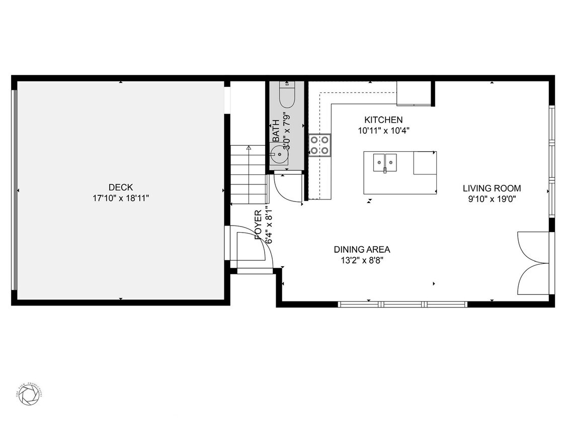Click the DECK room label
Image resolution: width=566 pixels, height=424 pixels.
pyautogui.click(x=121, y=187)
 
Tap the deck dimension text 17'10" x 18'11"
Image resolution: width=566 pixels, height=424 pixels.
pyautogui.click(x=121, y=198)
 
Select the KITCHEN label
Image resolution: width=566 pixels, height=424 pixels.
pyautogui.click(x=383, y=120)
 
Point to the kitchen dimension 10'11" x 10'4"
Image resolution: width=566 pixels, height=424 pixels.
pyautogui.click(x=383, y=130)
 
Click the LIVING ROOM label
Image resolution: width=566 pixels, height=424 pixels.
pyautogui.click(x=492, y=188)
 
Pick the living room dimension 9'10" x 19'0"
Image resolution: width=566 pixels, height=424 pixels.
pyautogui.click(x=492, y=199)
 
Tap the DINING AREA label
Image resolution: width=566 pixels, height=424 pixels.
pyautogui.click(x=362, y=249)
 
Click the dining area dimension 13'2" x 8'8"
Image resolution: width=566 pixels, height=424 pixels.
pyautogui.click(x=362, y=260)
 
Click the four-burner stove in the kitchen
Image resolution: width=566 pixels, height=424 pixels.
pyautogui.click(x=320, y=145)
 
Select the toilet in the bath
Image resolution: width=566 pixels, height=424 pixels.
pyautogui.click(x=287, y=95)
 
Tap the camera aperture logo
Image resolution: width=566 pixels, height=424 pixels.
pyautogui.click(x=29, y=394)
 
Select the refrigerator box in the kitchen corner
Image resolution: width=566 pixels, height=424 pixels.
pyautogui.click(x=414, y=93)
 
